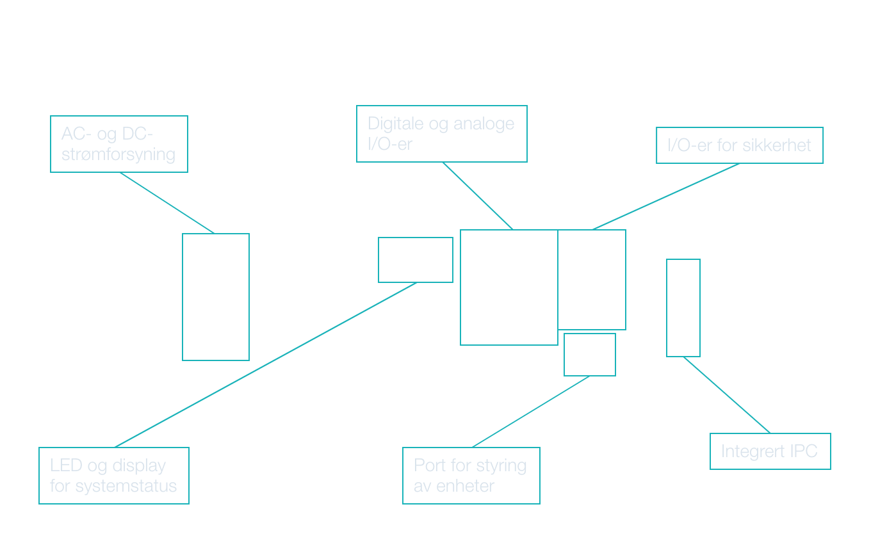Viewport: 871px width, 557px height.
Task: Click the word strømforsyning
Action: point(118,154)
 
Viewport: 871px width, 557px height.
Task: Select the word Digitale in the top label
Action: point(396,124)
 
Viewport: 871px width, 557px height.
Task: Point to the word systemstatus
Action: point(126,486)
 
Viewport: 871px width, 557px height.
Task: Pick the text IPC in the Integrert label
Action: point(803,451)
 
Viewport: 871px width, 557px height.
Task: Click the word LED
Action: point(65,465)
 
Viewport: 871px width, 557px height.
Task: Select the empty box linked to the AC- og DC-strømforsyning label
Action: point(216,297)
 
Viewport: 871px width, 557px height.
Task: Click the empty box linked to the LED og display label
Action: point(416,260)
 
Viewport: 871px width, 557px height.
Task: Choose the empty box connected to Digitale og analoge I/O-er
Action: point(509,287)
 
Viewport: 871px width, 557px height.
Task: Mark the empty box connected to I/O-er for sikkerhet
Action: point(592,280)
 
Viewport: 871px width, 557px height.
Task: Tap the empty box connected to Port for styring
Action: point(590,355)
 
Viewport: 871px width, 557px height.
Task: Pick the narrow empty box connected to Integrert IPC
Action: point(683,308)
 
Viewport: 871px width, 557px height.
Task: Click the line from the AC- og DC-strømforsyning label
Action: point(167,203)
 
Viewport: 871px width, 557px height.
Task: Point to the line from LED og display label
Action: point(266,365)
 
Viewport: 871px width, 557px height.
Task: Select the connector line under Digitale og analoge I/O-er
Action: point(477,195)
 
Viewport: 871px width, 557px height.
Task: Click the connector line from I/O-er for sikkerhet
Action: point(666,196)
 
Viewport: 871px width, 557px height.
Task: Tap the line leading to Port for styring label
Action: point(530,412)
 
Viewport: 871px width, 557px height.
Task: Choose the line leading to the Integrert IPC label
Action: point(727,395)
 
